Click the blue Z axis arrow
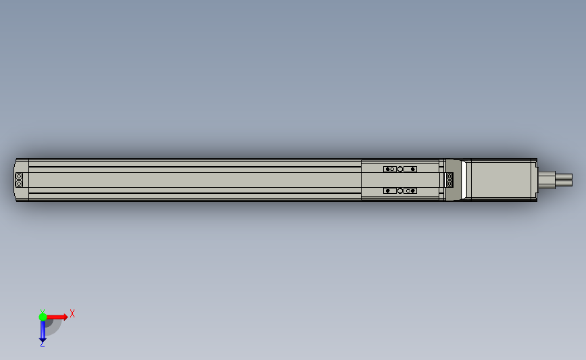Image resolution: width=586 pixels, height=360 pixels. pos(43,332)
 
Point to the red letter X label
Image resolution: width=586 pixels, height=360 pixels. pos(72,313)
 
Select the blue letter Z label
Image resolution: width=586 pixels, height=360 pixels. pos(42,344)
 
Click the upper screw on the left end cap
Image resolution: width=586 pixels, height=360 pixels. pos(19,177)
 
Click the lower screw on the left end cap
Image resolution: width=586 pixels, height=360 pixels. pos(19,183)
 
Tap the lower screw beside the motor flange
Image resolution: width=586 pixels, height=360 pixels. pos(450,183)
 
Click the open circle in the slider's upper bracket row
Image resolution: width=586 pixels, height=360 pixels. pos(399,169)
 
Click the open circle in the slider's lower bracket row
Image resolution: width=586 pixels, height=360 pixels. pos(399,191)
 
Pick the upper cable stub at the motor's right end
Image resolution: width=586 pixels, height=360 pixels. pos(562,176)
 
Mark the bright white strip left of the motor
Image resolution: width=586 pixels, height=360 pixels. pos(466,180)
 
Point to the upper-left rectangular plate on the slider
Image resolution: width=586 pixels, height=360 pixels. pos(390,169)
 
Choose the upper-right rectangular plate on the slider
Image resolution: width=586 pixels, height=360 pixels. pos(410,169)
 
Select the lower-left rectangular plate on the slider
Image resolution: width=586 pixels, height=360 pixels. pos(390,191)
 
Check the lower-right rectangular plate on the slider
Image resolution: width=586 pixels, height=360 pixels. pos(410,191)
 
